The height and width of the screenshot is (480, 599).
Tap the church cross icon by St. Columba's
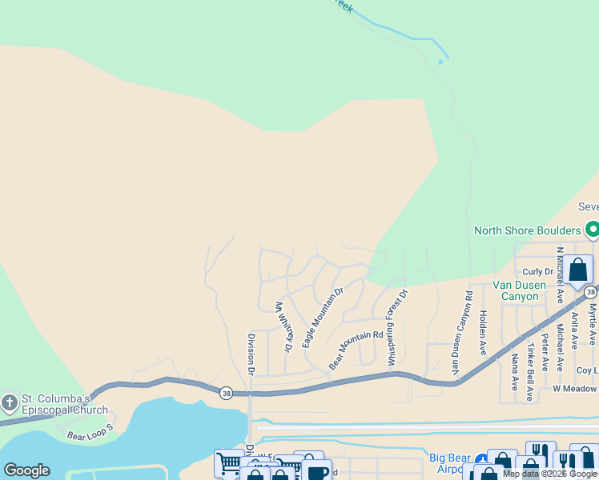coord(10,402)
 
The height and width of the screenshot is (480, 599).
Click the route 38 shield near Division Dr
coord(227,392)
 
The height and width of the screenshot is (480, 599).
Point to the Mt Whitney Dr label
coord(282,326)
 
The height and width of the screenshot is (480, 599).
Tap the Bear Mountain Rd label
coord(356,350)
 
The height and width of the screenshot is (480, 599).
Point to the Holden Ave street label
coord(483,334)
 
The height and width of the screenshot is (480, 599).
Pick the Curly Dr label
coord(537,272)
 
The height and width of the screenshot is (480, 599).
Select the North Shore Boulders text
coord(527,231)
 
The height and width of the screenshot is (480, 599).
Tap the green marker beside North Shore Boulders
coord(592,230)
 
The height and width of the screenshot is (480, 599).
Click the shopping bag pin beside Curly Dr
coord(577,270)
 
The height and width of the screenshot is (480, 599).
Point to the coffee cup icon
coord(316,472)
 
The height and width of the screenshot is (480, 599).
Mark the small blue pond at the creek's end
coord(440,61)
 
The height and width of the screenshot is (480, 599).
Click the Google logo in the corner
coord(27,470)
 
